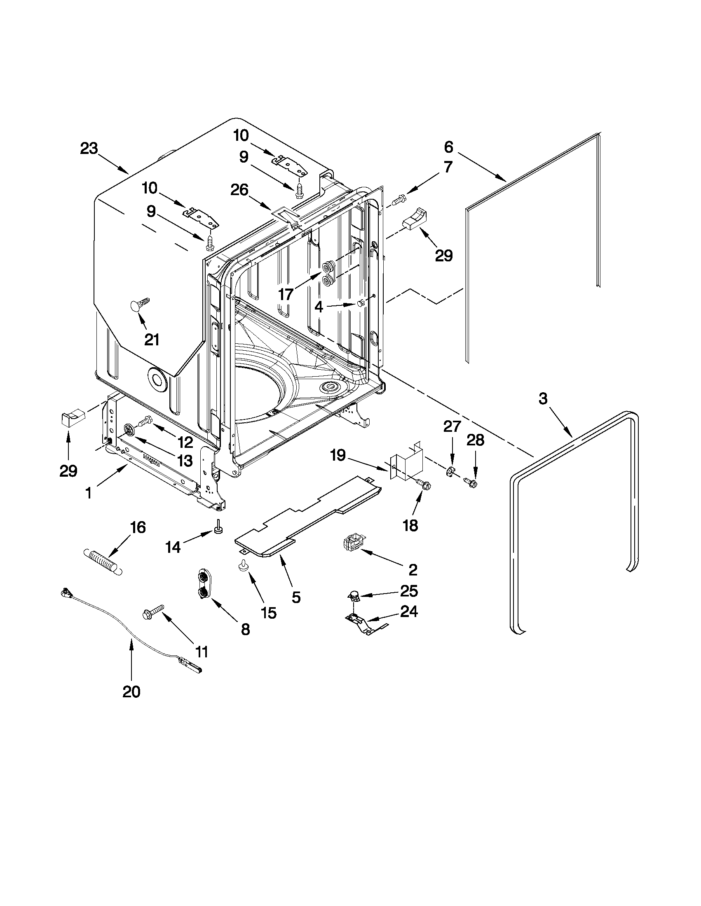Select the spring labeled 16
pyautogui.click(x=103, y=561)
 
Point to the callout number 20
pyautogui.click(x=131, y=692)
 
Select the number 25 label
pyautogui.click(x=409, y=591)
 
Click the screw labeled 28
pyautogui.click(x=470, y=482)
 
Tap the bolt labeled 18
pyautogui.click(x=424, y=484)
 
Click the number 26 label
pyautogui.click(x=239, y=190)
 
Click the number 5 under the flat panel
pyautogui.click(x=295, y=597)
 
